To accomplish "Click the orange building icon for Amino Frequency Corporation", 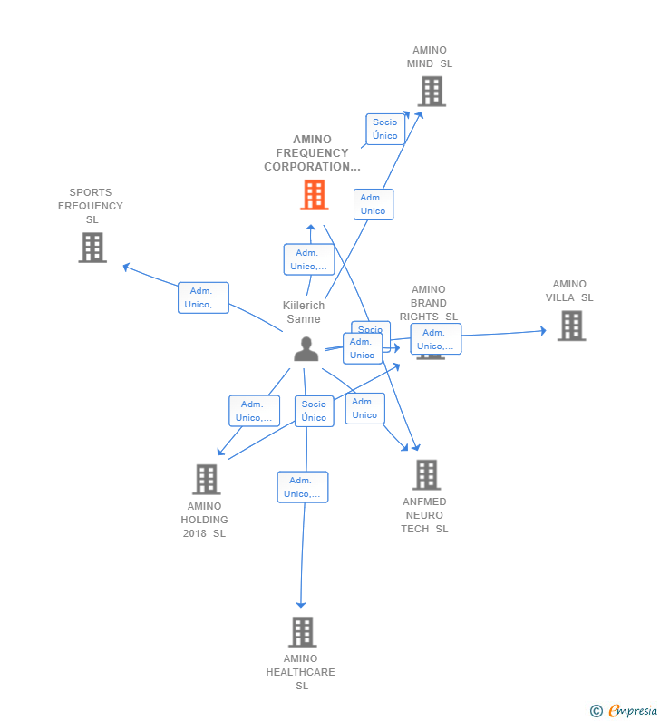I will coord(314,195).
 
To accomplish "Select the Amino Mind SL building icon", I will coord(431,92).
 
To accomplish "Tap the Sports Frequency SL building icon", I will coord(92,248).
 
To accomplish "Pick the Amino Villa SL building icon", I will coord(571,326).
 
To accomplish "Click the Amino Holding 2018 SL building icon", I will coord(207,480).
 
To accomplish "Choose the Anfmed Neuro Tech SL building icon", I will coord(426,474).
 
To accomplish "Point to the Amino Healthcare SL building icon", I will coord(302,632).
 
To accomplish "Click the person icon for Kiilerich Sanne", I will coord(306,349).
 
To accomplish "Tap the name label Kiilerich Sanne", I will coord(304,312).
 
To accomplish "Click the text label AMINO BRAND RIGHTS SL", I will coord(429,303).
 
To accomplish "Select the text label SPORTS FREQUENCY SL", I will coord(91,206).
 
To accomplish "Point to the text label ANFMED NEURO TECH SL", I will coord(425,515).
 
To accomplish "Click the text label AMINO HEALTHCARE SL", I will coord(301,672).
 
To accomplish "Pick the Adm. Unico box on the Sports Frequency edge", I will coord(203,297).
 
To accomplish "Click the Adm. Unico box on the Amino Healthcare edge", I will coord(303,487).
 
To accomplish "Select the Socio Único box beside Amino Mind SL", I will coord(385,129).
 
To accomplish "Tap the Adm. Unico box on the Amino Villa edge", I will coord(436,339).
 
